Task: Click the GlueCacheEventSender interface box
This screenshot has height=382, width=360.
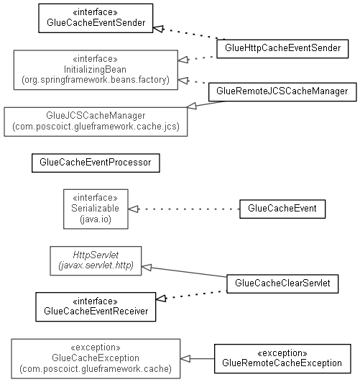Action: pyautogui.click(x=96, y=18)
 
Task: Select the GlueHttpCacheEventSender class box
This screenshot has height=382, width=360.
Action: pyautogui.click(x=282, y=49)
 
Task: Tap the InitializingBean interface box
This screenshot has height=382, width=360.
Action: pyautogui.click(x=96, y=70)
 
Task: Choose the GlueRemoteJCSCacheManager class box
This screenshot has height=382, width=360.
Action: pyautogui.click(x=282, y=92)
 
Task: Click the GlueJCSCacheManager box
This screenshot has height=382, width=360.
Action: pyautogui.click(x=96, y=122)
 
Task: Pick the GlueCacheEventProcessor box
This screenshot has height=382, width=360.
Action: pyautogui.click(x=96, y=163)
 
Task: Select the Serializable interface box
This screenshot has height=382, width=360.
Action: pyautogui.click(x=96, y=209)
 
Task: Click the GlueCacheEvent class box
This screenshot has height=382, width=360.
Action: pyautogui.click(x=282, y=209)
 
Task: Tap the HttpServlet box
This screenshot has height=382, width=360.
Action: pyautogui.click(x=96, y=260)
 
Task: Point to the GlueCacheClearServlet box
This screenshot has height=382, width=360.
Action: pyautogui.click(x=282, y=284)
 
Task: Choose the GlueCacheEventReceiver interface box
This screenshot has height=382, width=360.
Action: pyautogui.click(x=96, y=307)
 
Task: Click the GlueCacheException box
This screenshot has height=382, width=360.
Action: pyautogui.click(x=96, y=358)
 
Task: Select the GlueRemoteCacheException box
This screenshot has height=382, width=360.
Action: pyautogui.click(x=282, y=358)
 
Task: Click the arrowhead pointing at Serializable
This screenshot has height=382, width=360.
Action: pyautogui.click(x=133, y=209)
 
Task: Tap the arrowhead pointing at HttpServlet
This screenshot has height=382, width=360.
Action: pyautogui.click(x=147, y=267)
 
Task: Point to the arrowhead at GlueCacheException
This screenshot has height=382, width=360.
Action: pyautogui.click(x=185, y=358)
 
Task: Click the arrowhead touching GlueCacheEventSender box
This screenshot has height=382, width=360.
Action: pyautogui.click(x=158, y=29)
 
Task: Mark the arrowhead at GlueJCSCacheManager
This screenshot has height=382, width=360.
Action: pyautogui.click(x=192, y=106)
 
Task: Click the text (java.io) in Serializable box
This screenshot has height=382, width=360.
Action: pyautogui.click(x=96, y=219)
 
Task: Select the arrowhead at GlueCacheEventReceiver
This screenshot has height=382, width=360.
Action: pyautogui.click(x=161, y=299)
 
